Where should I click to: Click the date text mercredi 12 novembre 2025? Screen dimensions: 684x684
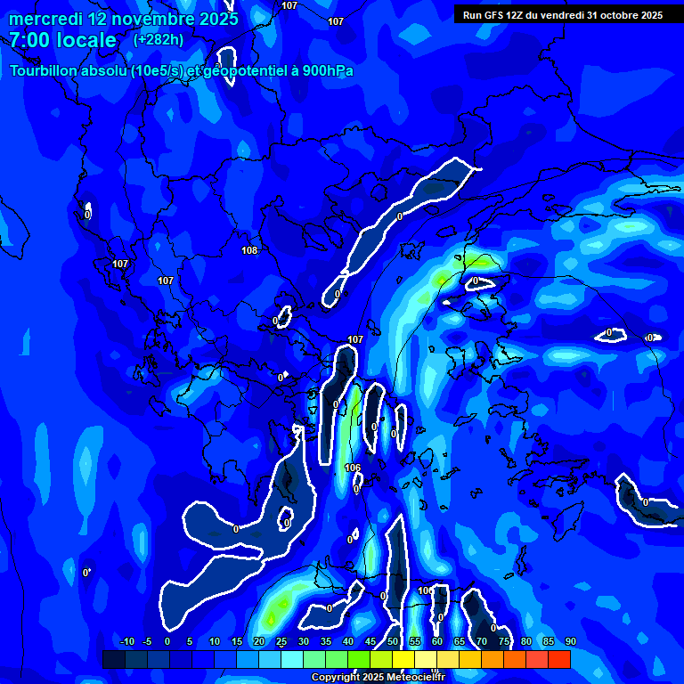tap(123, 19)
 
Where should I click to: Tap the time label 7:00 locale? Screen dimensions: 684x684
tap(62, 40)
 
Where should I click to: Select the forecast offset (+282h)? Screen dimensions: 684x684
tap(159, 40)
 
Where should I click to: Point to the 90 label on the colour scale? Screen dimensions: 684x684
tap(570, 641)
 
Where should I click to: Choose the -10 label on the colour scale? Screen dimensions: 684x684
tap(126, 641)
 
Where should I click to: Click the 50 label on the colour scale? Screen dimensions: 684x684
tap(393, 641)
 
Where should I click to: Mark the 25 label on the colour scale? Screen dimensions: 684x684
tap(281, 641)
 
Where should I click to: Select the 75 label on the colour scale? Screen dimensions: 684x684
tap(504, 641)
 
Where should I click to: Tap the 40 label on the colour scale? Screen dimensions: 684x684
tap(348, 641)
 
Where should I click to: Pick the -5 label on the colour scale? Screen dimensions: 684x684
tap(147, 641)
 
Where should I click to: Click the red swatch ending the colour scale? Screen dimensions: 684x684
tap(558, 659)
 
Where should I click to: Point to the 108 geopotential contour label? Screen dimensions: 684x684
tap(249, 250)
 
